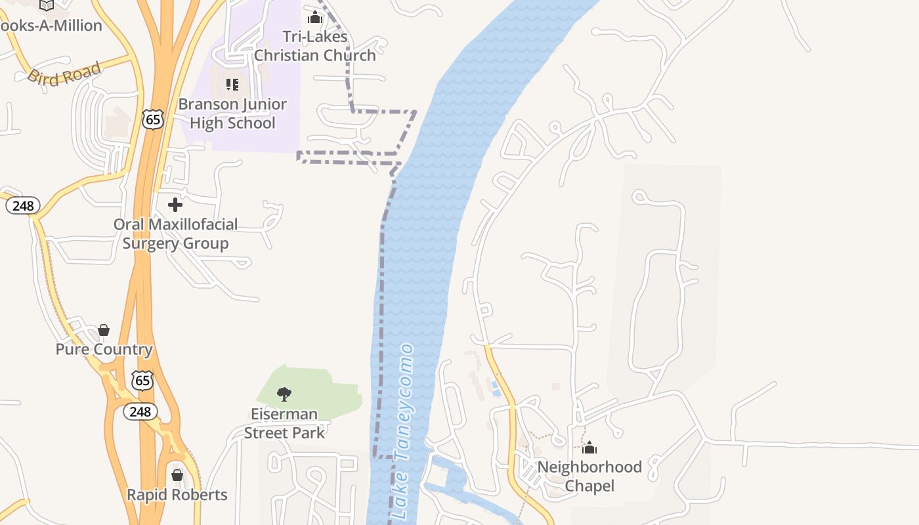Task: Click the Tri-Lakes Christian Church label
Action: [x=315, y=46]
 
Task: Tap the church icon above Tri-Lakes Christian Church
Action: [x=315, y=17]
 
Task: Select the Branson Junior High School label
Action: [x=232, y=114]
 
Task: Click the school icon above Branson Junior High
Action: [x=232, y=84]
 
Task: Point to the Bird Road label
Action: [x=64, y=73]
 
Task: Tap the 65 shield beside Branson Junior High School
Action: [x=152, y=119]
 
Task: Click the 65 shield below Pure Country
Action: [x=142, y=379]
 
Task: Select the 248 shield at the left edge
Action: [x=23, y=206]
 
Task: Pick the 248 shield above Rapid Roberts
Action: [x=140, y=411]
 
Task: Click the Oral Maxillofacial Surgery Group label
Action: [x=175, y=234]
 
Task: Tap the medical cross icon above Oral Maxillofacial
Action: [x=175, y=205]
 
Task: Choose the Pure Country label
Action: [x=104, y=349]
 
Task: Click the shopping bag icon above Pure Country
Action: [x=104, y=329]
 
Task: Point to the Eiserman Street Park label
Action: [x=284, y=423]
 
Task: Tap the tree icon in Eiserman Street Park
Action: [x=284, y=394]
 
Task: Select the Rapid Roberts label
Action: [x=177, y=495]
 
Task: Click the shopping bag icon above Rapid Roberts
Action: [x=177, y=474]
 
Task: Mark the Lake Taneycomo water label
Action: [x=404, y=433]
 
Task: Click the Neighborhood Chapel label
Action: [x=589, y=476]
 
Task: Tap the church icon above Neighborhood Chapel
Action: [x=589, y=448]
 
